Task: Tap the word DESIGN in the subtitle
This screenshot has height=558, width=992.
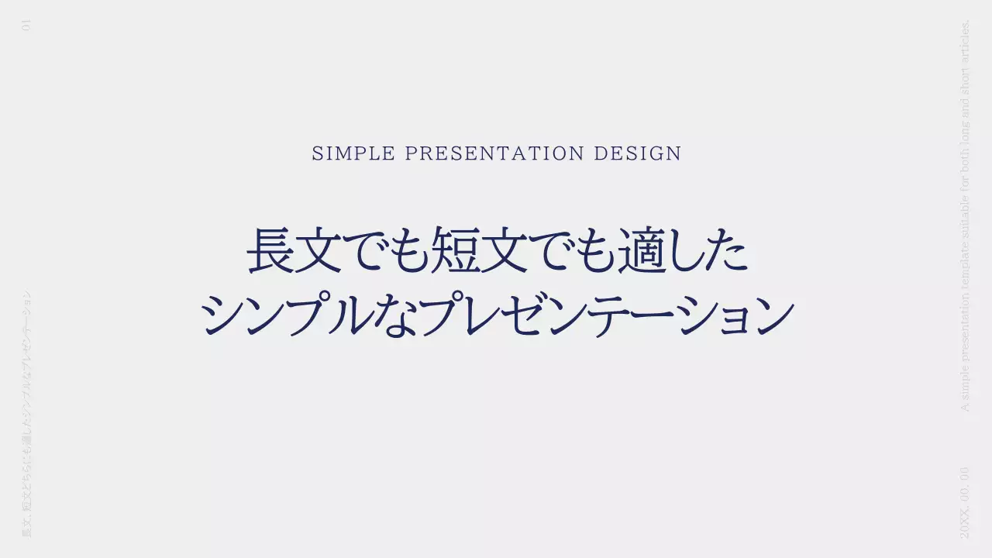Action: (637, 153)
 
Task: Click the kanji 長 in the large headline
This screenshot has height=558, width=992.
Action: (271, 250)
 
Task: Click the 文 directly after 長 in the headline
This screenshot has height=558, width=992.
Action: (317, 250)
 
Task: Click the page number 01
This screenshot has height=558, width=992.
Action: (27, 26)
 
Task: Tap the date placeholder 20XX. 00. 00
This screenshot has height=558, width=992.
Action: (964, 502)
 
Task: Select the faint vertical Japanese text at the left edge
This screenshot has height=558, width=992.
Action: (27, 415)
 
